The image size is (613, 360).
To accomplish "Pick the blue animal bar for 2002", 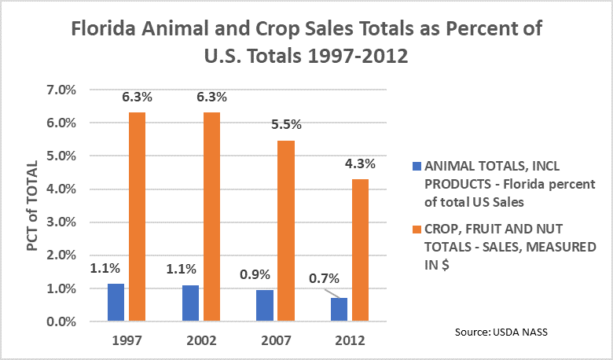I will coord(189,303).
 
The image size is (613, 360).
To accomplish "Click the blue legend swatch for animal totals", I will coord(416,167).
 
